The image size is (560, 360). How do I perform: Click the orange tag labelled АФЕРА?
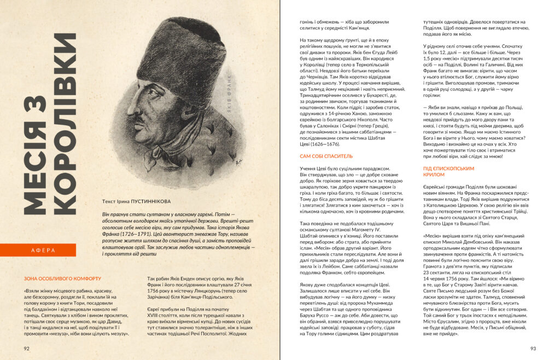point(44,250)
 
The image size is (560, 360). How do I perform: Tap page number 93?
point(533,347)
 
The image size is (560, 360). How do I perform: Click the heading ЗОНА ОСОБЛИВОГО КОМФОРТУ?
point(62,277)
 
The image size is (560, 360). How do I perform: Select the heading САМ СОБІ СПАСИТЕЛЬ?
point(322,156)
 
